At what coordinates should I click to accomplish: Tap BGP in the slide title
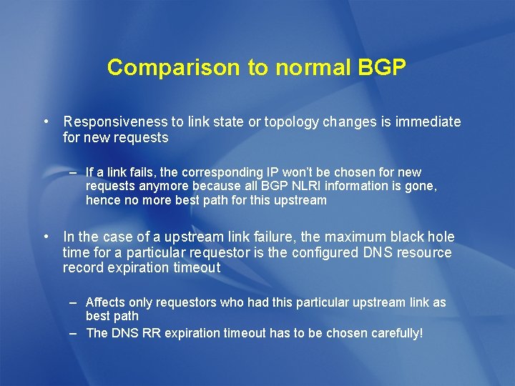click(x=380, y=68)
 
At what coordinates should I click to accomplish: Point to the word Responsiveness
click(x=115, y=122)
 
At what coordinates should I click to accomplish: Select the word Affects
click(x=105, y=302)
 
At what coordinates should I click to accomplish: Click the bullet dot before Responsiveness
click(x=45, y=122)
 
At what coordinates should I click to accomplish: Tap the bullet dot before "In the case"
click(x=45, y=237)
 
